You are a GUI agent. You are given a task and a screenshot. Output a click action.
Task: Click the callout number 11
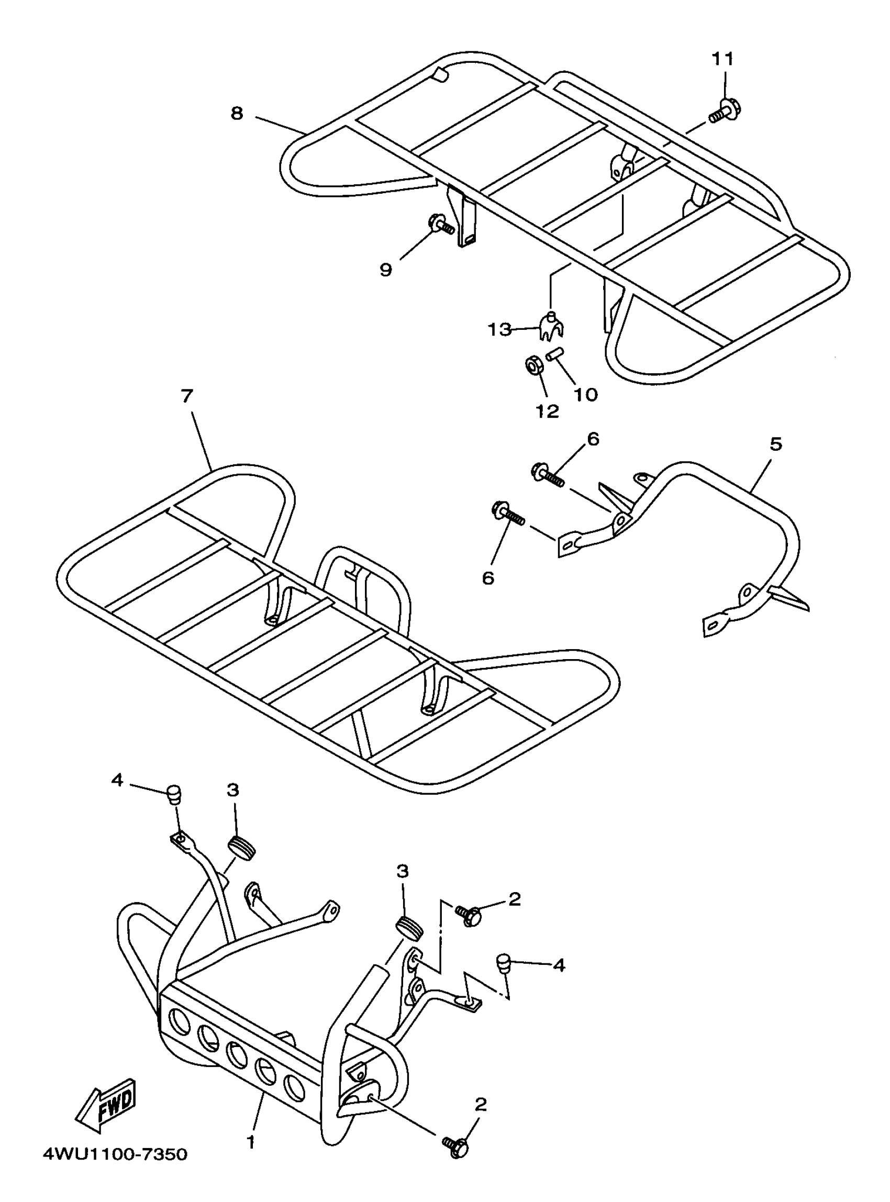[724, 59]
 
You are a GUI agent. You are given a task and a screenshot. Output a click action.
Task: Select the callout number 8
[237, 114]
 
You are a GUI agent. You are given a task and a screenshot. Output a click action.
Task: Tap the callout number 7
[187, 396]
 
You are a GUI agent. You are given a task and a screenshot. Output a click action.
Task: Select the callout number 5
[776, 444]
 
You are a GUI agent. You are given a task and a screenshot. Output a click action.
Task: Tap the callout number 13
[499, 329]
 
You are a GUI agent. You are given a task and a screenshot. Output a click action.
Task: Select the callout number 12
[548, 411]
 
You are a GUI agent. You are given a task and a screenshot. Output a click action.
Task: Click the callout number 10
[586, 395]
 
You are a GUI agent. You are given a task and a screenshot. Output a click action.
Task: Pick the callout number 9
[386, 270]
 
